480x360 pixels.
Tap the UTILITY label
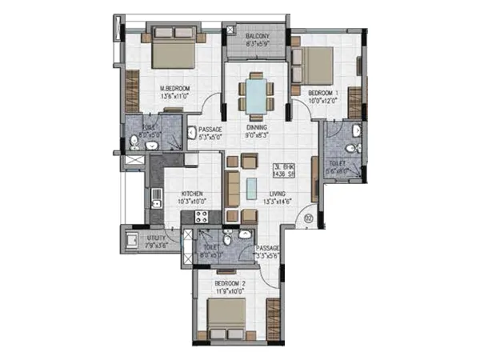156,238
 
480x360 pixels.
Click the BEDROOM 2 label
232,284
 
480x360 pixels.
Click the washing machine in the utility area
130,239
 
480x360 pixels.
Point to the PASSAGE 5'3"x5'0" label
210,134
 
